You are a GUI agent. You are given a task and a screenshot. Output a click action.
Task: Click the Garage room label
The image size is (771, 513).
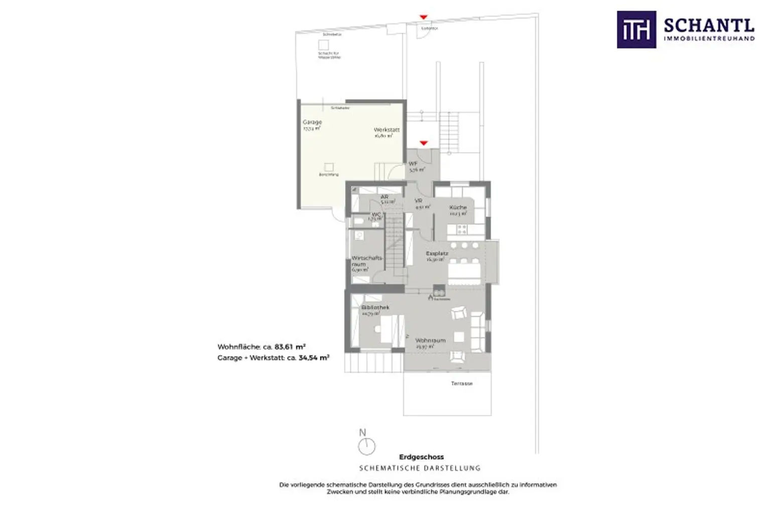[x=312, y=122]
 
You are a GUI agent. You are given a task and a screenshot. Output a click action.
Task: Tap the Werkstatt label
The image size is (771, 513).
[x=387, y=130]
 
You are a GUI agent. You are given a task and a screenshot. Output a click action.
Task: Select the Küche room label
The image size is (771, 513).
[x=458, y=207]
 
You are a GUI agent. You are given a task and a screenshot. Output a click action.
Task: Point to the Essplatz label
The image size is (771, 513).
[x=437, y=254]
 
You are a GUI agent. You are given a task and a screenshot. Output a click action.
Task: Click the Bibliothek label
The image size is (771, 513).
[x=375, y=307]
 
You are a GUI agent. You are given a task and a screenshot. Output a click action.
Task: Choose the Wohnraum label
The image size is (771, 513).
[x=430, y=340]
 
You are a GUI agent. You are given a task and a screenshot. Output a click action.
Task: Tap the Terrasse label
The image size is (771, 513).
[x=461, y=384]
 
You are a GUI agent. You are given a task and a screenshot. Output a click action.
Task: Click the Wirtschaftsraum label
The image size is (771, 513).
[x=366, y=261]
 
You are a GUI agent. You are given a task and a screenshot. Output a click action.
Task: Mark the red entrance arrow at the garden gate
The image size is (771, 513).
[x=424, y=18]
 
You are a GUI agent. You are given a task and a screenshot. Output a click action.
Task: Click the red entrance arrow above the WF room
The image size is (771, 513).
[x=424, y=143]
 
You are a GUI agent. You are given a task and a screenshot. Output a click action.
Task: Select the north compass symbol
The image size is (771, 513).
[x=367, y=445]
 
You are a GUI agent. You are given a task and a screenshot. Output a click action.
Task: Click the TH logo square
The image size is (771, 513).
[x=636, y=30]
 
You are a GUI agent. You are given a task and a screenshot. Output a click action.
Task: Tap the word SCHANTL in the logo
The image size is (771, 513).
[x=709, y=25]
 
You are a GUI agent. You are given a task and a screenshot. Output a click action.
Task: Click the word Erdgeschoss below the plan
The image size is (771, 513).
[x=421, y=457]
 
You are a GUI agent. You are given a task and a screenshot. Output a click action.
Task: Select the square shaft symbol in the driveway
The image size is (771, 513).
[x=324, y=45]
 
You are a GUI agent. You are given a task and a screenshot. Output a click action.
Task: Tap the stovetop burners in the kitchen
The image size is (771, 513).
[x=461, y=229]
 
